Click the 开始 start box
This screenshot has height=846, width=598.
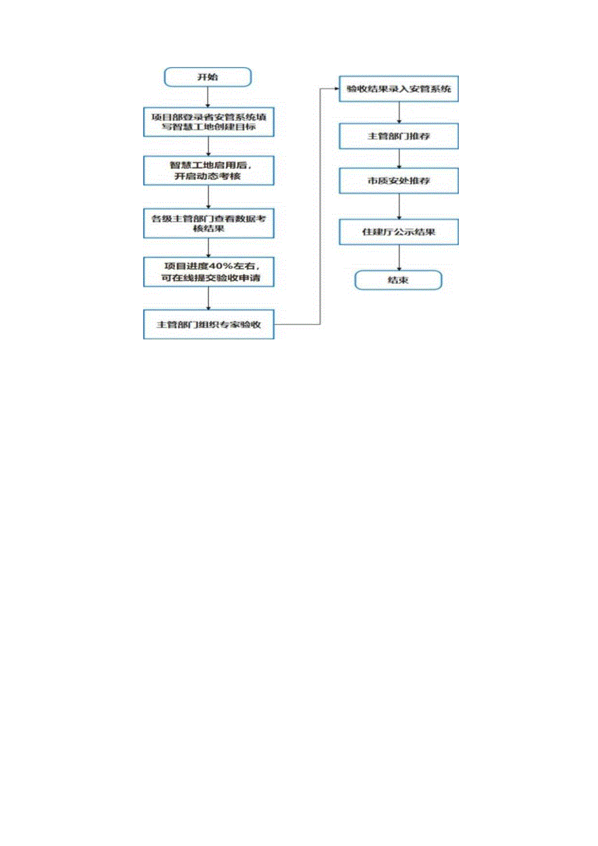[207, 77]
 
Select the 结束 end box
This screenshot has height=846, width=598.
[398, 280]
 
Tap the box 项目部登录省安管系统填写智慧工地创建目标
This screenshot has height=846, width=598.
[208, 122]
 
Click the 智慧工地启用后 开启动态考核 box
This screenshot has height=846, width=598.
[208, 171]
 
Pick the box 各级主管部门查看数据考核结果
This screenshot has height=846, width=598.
[208, 224]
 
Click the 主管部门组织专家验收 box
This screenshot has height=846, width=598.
[208, 324]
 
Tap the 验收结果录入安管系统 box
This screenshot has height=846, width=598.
[398, 88]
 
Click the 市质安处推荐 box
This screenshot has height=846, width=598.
[398, 181]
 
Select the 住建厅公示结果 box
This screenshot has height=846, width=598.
[398, 232]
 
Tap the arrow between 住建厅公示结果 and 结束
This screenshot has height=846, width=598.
[398, 258]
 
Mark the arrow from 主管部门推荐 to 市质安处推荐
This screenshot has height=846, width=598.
[398, 159]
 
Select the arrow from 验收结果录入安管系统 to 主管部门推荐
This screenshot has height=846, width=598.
[398, 112]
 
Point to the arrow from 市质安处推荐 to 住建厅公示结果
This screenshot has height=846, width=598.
[398, 207]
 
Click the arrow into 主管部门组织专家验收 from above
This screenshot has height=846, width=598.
[208, 298]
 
